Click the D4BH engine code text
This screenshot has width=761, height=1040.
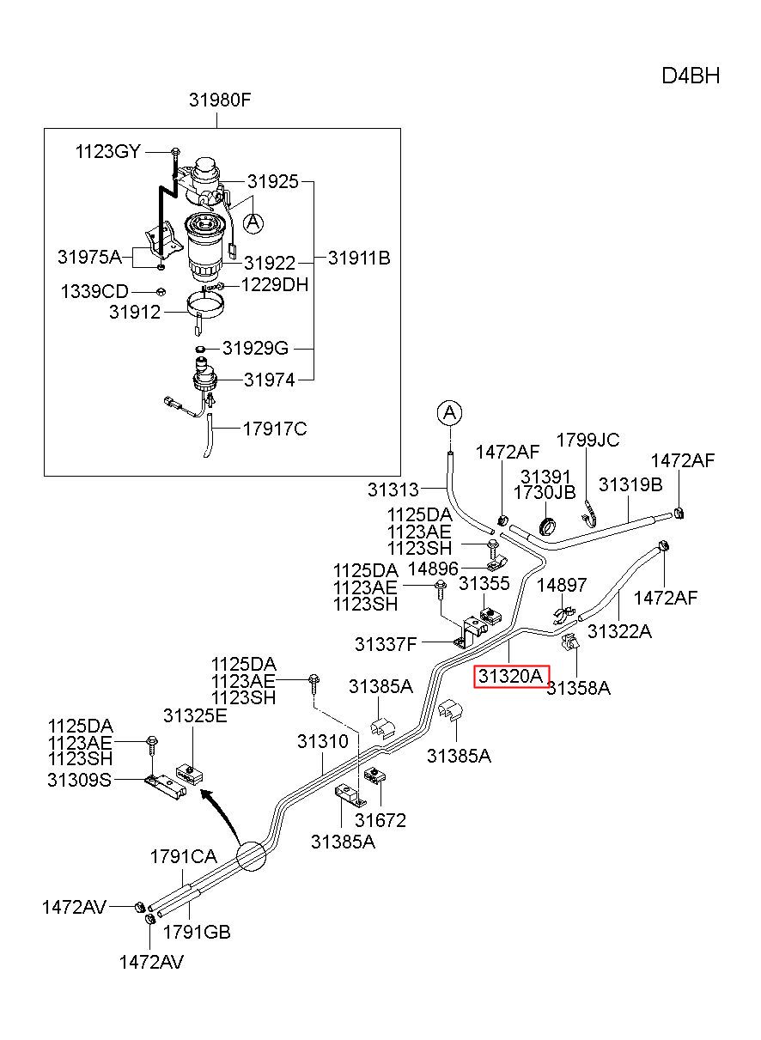tap(690, 76)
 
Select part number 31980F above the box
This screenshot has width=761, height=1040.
tap(220, 100)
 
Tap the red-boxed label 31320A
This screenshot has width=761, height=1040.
tap(511, 676)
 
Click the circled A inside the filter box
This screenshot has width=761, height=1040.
tap(253, 223)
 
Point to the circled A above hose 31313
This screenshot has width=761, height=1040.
tap(449, 412)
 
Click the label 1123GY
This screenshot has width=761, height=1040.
tap(107, 152)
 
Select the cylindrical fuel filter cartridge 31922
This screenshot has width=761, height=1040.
tap(208, 247)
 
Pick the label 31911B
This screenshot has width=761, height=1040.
tap(359, 258)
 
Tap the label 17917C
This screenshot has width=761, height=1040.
tap(275, 429)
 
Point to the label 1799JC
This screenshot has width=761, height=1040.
tap(587, 440)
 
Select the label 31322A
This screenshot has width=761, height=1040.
tap(620, 631)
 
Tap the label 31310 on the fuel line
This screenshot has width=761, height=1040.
tap(323, 741)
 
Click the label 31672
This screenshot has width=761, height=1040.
tap(380, 820)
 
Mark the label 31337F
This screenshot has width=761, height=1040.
tap(386, 644)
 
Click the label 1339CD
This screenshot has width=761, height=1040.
tap(94, 292)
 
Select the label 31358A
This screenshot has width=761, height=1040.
tap(579, 688)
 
